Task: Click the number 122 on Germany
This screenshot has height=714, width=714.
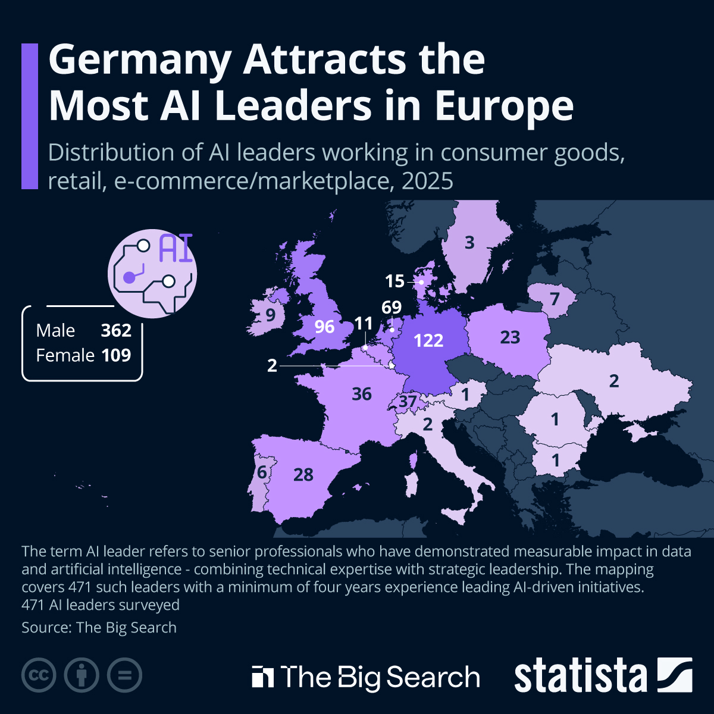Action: click(428, 340)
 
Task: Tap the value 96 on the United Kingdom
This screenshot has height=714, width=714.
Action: click(324, 327)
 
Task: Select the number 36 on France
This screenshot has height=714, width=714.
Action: click(362, 394)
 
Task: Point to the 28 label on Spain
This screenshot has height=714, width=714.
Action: click(303, 475)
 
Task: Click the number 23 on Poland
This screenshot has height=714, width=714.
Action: click(510, 337)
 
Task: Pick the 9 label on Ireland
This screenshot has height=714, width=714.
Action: click(271, 315)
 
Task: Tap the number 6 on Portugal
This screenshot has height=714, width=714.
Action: click(262, 472)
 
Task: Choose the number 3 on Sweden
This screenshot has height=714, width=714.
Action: click(469, 243)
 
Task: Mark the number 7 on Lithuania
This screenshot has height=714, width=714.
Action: click(555, 298)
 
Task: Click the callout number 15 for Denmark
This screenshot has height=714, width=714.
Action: click(394, 281)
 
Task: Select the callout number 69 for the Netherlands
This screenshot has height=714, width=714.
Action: click(392, 307)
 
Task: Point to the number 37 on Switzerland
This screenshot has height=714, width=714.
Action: click(408, 402)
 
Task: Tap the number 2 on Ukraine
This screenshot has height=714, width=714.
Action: click(614, 381)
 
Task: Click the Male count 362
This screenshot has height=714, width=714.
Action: click(116, 330)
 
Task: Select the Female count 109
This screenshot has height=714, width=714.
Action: click(116, 355)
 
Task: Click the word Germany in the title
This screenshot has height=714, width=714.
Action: click(140, 60)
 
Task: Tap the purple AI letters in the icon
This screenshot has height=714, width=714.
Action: click(176, 249)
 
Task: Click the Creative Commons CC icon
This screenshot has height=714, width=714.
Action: click(39, 675)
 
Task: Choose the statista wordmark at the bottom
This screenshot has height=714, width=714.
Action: click(580, 677)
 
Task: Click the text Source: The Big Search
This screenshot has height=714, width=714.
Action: click(99, 628)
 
